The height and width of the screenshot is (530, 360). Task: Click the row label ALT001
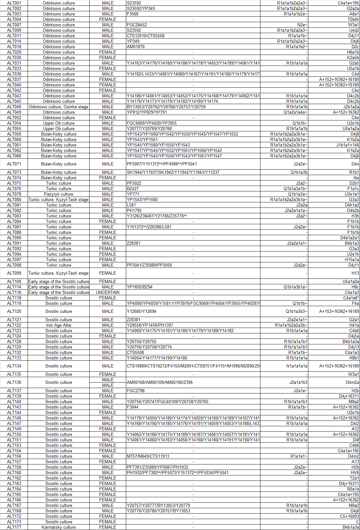[14, 3]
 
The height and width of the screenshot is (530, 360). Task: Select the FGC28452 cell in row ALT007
[137, 25]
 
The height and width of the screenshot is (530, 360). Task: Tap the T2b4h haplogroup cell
[353, 19]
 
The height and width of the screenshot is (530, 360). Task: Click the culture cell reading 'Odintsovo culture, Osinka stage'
[58, 107]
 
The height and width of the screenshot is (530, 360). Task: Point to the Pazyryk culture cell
[58, 194]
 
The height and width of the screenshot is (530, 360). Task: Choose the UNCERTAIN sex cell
[108, 292]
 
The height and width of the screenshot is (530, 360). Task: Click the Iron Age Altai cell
[58, 325]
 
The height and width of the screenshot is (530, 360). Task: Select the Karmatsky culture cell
[58, 527]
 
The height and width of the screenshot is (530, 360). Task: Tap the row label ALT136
[14, 382]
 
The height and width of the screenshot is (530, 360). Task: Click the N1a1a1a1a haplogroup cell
[296, 366]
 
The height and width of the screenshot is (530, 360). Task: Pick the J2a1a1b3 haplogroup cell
[298, 382]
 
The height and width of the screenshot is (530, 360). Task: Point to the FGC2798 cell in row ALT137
[136, 391]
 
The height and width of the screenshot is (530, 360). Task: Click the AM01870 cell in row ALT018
[136, 47]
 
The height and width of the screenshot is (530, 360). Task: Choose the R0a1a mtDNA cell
[353, 489]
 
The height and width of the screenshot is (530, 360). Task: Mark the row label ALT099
[14, 273]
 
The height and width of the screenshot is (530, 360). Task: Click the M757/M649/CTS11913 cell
[148, 456]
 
